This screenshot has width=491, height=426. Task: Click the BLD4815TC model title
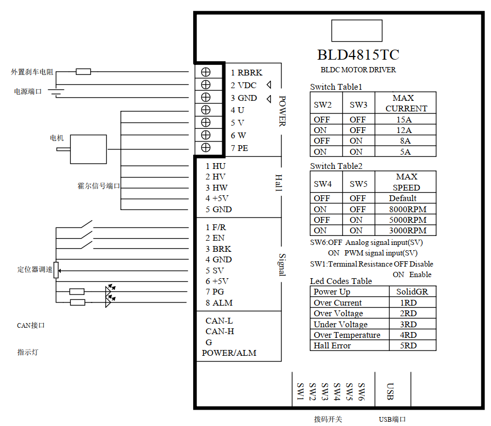click(x=358, y=55)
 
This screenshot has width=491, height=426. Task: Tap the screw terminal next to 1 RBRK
click(x=206, y=72)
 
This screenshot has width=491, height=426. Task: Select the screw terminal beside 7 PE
click(x=206, y=148)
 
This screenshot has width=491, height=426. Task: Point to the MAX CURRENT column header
click(x=406, y=103)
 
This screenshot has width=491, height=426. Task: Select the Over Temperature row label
click(x=347, y=335)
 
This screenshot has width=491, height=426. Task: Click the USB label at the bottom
click(x=390, y=391)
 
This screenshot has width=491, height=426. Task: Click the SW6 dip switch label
click(x=362, y=391)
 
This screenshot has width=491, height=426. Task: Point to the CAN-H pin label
click(x=220, y=332)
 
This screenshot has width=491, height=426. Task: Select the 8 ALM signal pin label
click(x=219, y=303)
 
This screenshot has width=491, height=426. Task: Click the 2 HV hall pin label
click(x=216, y=177)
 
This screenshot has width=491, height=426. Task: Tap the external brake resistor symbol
click(x=83, y=72)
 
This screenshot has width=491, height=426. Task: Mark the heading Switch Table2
click(x=336, y=166)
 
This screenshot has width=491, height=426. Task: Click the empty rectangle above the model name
click(x=356, y=31)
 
